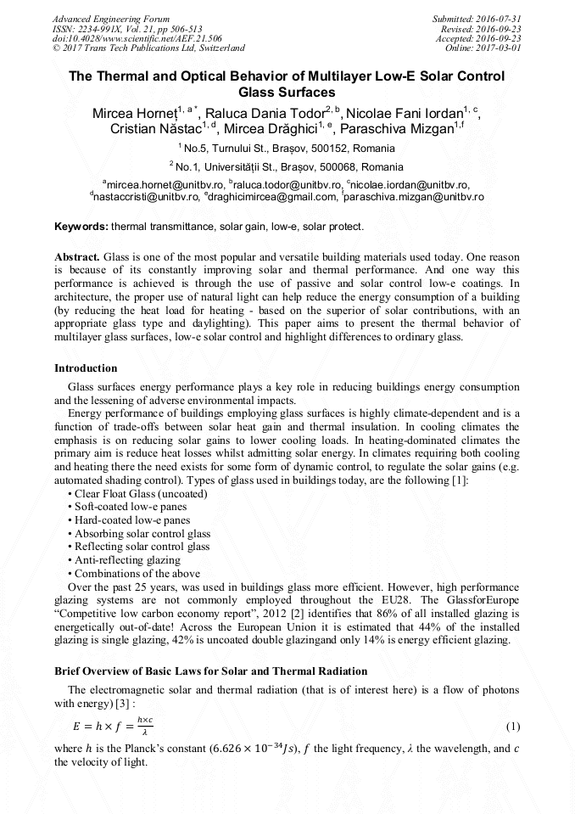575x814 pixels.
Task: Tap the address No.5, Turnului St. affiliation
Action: point(287,148)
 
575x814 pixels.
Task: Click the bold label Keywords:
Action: point(81,227)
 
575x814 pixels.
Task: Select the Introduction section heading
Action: point(86,368)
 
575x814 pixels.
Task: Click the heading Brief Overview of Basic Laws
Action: point(210,671)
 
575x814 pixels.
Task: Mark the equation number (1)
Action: point(512,727)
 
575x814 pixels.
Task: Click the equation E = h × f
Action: point(114,727)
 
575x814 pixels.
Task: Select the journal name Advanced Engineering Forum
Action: point(110,18)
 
